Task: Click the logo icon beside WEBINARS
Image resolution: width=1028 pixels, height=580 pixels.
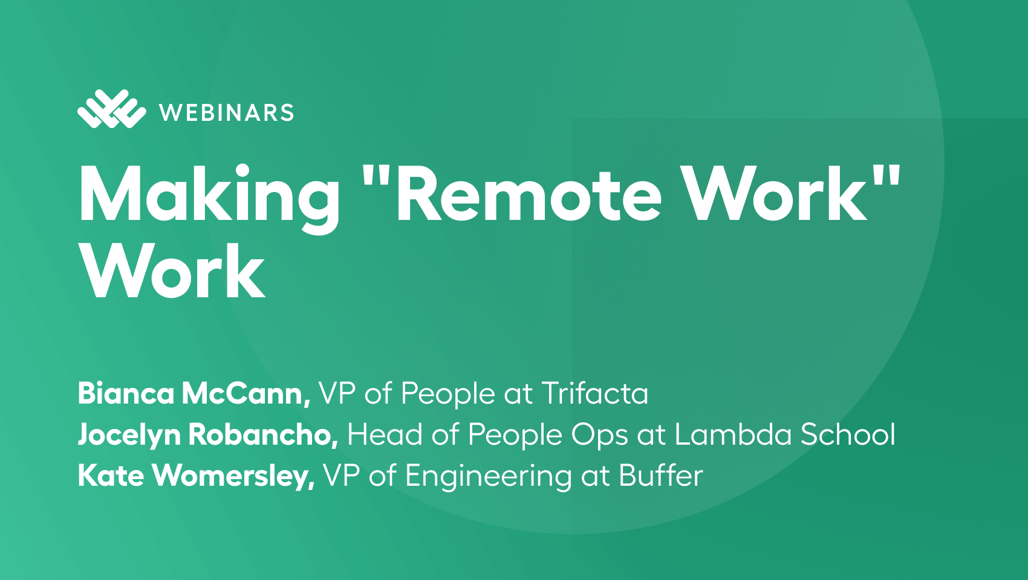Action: point(111,109)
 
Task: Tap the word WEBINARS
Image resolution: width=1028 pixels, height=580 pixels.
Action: point(227,113)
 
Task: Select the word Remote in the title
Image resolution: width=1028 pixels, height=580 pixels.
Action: point(529,195)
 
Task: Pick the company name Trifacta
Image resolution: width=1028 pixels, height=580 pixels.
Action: point(595,393)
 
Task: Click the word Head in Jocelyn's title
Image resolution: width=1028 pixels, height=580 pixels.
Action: point(385,434)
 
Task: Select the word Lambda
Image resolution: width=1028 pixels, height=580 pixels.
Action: point(733,434)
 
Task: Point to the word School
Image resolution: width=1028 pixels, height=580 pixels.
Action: point(848,434)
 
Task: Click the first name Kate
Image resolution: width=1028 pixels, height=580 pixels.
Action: point(111,475)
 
